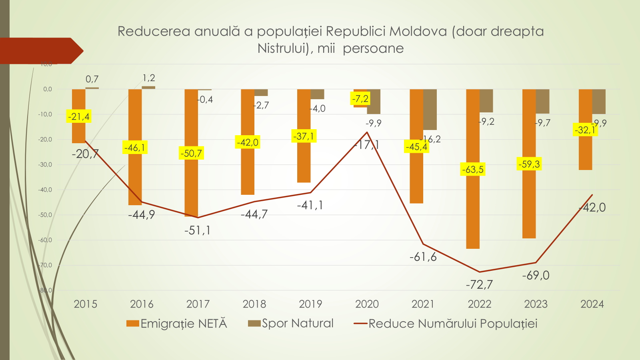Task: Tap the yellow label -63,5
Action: point(473,169)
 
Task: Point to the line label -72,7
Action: point(479,284)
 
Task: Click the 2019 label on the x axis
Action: point(310,304)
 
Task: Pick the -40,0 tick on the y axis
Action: point(45,190)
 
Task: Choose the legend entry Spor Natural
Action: point(291,323)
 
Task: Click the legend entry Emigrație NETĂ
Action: point(177,323)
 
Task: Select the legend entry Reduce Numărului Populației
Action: point(446,323)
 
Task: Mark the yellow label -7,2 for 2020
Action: point(360,98)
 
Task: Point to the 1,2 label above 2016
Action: point(149,78)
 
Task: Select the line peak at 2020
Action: point(367,132)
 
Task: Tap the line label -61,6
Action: point(423,257)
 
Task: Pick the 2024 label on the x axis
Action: point(592,304)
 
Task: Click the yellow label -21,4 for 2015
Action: point(79,117)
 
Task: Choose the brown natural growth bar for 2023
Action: point(542,101)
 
